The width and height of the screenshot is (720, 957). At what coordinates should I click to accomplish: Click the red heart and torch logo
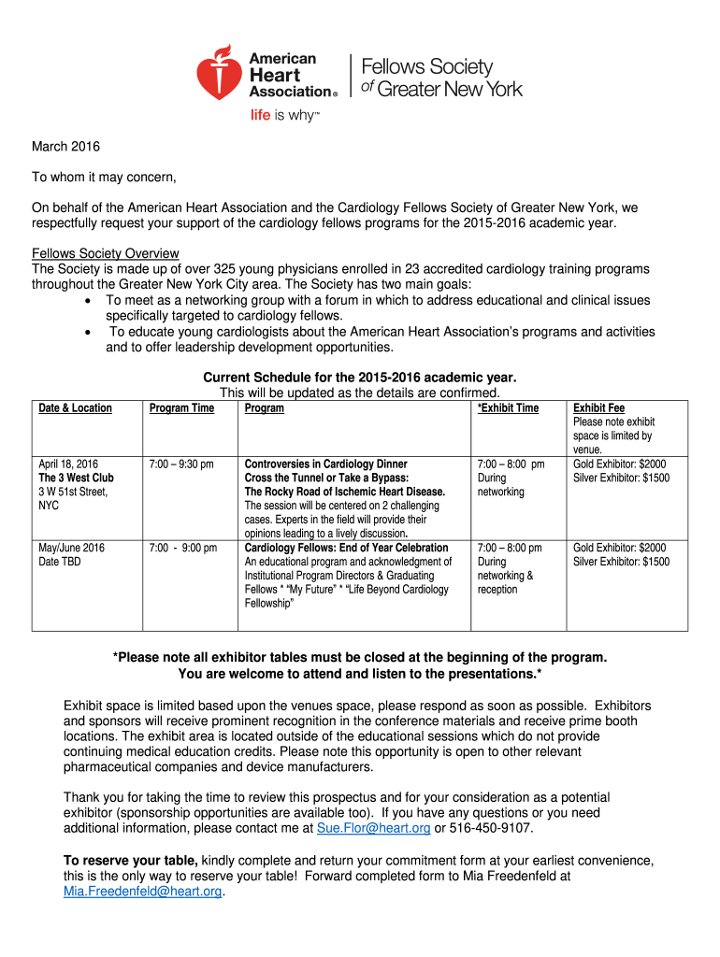221,73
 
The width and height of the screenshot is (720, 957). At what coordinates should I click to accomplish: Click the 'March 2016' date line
65,147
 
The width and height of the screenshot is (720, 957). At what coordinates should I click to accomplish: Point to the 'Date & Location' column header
75,408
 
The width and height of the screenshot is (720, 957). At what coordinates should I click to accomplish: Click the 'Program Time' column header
181,408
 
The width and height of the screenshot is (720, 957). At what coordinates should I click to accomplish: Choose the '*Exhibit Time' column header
508,408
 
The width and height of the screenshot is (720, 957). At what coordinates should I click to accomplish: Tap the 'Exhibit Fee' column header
598,408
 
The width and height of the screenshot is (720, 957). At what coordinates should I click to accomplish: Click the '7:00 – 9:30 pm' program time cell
181,464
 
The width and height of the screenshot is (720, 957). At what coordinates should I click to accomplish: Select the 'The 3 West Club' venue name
76,478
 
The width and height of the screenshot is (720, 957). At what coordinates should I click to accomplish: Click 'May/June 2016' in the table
71,548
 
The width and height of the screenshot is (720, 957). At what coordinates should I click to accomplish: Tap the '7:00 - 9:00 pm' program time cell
183,548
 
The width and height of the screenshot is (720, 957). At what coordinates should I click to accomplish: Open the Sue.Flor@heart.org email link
374,828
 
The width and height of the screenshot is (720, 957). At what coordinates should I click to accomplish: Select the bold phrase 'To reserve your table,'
130,860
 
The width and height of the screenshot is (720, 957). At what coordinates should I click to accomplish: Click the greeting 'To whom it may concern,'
105,177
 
